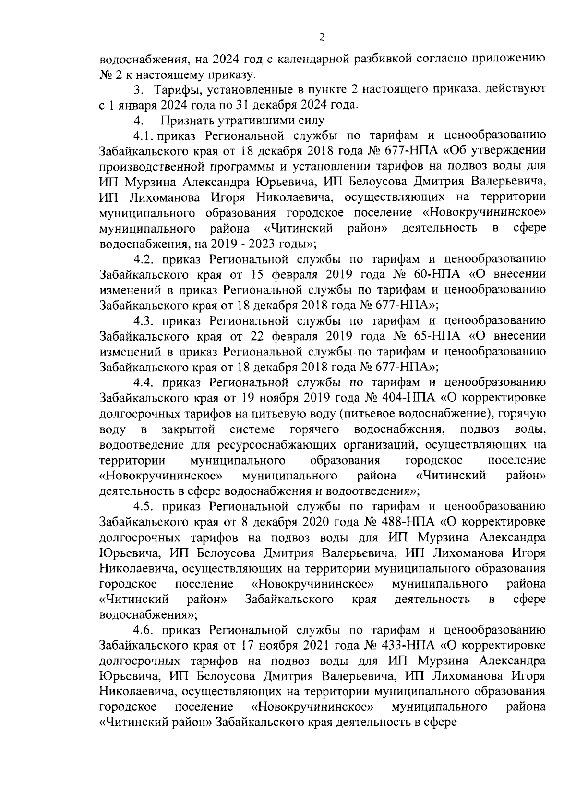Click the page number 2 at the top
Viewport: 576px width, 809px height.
pos(322,37)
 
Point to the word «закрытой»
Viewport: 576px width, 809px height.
pos(188,429)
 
